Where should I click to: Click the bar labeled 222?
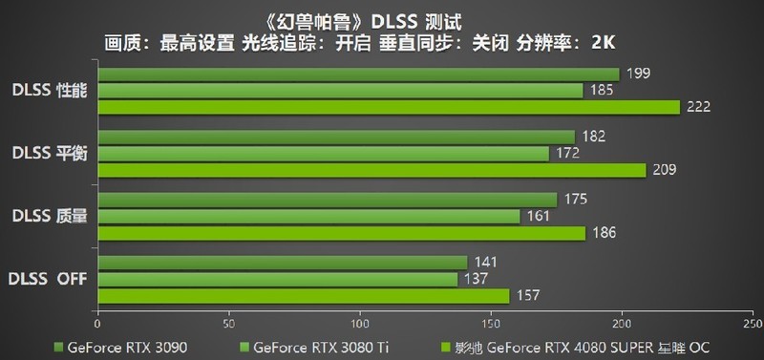[x=389, y=107]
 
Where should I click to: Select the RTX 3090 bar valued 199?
[x=358, y=74]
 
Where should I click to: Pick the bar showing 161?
[x=308, y=216]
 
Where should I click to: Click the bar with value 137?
[x=277, y=279]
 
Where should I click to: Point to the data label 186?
[x=605, y=233]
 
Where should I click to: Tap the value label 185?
[x=602, y=91]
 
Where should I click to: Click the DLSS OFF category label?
[x=48, y=279]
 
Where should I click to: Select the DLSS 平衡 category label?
[x=50, y=153]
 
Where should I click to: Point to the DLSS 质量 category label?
[x=50, y=216]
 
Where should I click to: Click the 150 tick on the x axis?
[x=491, y=322]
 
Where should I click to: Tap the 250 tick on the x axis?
[x=752, y=322]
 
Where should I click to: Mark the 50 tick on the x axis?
[x=228, y=322]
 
